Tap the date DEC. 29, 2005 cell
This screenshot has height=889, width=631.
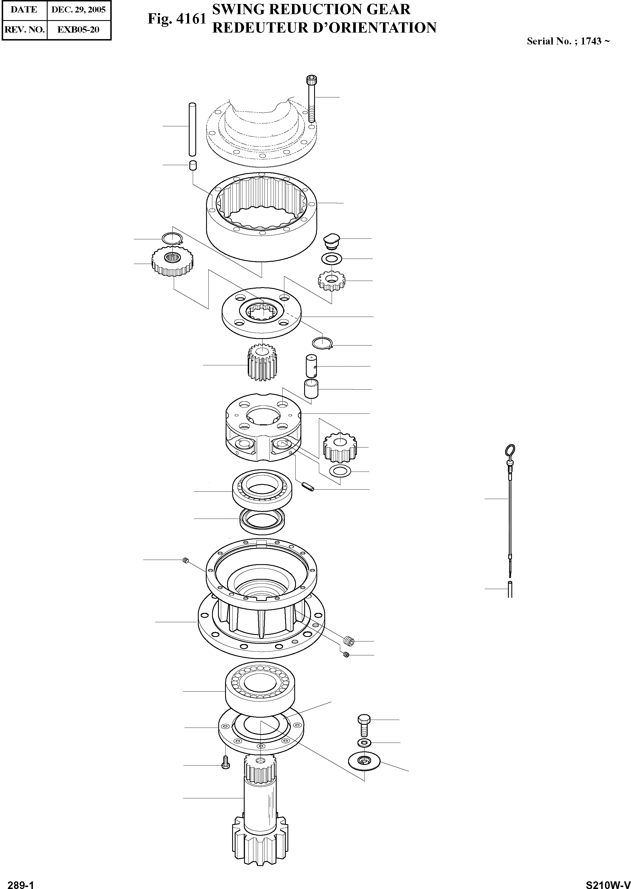[x=79, y=10]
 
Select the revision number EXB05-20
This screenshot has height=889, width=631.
[x=79, y=29]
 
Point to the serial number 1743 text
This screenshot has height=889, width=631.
[x=590, y=41]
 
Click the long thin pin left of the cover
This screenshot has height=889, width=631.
[x=192, y=129]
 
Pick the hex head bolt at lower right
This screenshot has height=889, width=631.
[x=363, y=726]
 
